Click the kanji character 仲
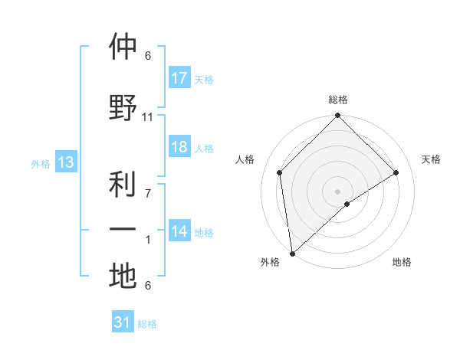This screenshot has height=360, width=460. [x=123, y=47]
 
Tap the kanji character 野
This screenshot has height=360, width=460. [x=123, y=107]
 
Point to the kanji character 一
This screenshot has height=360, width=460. [x=123, y=230]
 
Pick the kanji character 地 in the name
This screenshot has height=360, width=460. [x=123, y=276]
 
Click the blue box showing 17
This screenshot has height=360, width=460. [x=179, y=77]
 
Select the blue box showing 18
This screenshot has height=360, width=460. [x=179, y=147]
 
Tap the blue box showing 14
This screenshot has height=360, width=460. [x=179, y=231]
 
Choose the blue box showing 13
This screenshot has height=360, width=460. [x=65, y=162]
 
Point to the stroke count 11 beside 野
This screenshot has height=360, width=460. [x=148, y=117]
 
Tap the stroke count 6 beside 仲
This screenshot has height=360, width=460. [x=148, y=56]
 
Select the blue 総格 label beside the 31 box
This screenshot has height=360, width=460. [x=147, y=324]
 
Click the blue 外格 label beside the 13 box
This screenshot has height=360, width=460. [x=41, y=163]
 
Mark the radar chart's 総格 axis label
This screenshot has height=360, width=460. [x=338, y=100]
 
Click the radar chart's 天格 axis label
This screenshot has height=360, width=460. [x=432, y=159]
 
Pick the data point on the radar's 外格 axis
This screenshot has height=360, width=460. [x=291, y=254]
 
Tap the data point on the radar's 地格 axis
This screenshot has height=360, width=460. [x=347, y=204]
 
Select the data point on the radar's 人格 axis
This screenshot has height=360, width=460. [x=280, y=172]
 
